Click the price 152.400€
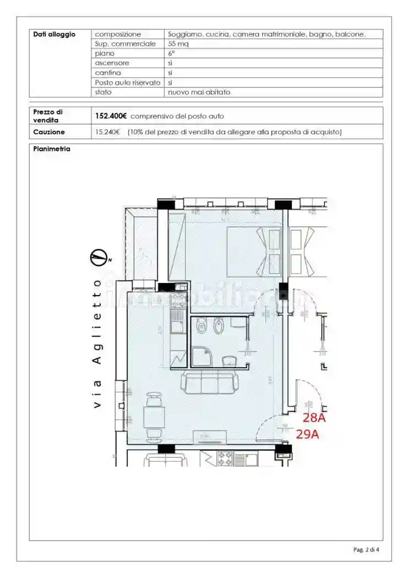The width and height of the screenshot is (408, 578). coord(111,116)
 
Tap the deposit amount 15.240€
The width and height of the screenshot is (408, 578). coord(107,132)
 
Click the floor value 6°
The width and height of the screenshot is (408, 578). coord(171,53)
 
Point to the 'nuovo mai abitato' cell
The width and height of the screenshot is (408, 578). coord(199,92)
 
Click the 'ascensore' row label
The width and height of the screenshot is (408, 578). coord(112,63)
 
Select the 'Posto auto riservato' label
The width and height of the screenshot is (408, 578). coord(128,83)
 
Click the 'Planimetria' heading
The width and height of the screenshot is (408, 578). coord(51,149)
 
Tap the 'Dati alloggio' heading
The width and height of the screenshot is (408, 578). coord(54,34)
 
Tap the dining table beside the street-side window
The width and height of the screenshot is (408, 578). coord(154,416)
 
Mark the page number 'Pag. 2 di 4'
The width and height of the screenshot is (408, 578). coord(366,549)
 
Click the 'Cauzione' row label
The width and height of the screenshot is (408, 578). coord(49,132)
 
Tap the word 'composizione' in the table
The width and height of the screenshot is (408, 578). coord(118,34)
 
